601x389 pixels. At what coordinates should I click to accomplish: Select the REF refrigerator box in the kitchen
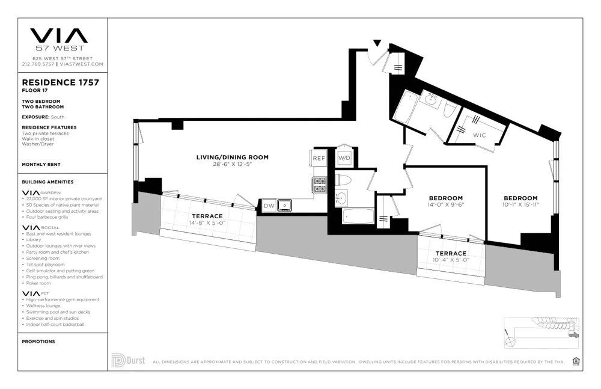click(319, 159)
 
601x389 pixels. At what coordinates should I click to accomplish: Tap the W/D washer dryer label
click(344, 159)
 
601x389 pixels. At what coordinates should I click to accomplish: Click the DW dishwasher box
click(268, 206)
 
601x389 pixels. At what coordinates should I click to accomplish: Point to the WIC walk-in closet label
click(479, 135)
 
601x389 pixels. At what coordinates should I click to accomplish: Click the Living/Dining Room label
click(232, 158)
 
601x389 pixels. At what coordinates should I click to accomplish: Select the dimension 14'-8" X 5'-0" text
click(207, 223)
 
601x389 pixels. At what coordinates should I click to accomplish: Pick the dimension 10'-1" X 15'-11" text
click(520, 205)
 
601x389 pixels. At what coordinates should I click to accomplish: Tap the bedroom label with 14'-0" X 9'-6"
click(445, 198)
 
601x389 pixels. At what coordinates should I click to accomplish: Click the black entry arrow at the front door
click(377, 43)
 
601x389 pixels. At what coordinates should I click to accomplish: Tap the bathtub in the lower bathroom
click(358, 216)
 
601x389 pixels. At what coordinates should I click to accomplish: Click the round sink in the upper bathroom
click(431, 101)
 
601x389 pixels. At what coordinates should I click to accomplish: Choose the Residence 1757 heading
click(60, 82)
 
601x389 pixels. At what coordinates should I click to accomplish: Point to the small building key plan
click(540, 332)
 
